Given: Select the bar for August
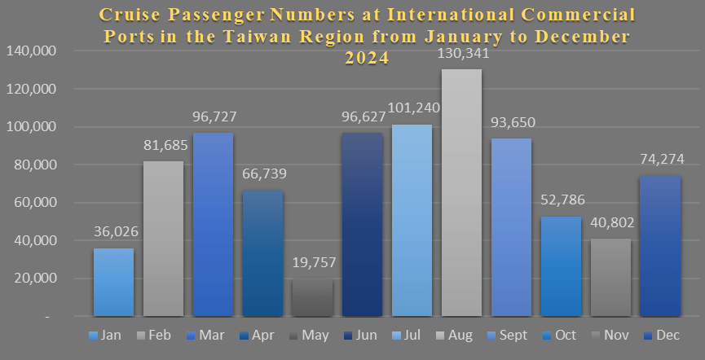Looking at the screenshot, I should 461,192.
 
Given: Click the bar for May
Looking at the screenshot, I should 312,296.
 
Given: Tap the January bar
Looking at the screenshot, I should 113,282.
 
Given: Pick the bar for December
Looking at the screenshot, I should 660,245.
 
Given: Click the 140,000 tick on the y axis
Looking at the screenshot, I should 30,51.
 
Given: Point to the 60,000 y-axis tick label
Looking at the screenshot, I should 33,203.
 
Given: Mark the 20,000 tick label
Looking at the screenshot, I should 33,279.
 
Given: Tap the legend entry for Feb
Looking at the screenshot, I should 156,336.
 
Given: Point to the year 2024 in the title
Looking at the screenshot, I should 366,59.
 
